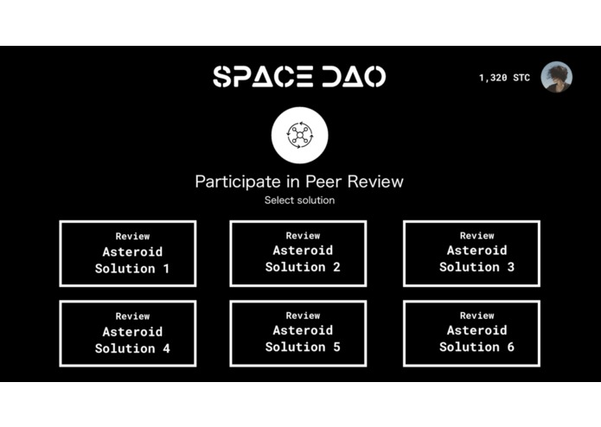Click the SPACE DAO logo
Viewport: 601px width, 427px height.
click(299, 76)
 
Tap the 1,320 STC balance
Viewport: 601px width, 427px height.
click(504, 78)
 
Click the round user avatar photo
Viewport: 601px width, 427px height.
click(556, 77)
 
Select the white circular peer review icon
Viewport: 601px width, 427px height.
click(298, 136)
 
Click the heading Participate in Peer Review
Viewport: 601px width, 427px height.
click(299, 182)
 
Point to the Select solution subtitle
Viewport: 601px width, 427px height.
click(299, 201)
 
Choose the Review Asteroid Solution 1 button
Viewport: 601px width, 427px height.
click(128, 253)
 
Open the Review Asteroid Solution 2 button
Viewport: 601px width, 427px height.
click(298, 252)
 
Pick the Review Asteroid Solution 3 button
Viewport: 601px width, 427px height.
click(472, 252)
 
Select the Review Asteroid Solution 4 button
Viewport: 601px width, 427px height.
click(128, 333)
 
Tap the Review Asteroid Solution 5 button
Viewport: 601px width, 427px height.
click(298, 332)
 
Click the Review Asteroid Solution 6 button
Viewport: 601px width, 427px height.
click(472, 332)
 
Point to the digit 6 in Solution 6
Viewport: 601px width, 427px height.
click(510, 347)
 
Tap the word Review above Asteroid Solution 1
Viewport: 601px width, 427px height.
click(132, 236)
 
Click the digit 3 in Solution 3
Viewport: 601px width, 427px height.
click(510, 267)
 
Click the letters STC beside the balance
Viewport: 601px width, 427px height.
click(521, 78)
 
